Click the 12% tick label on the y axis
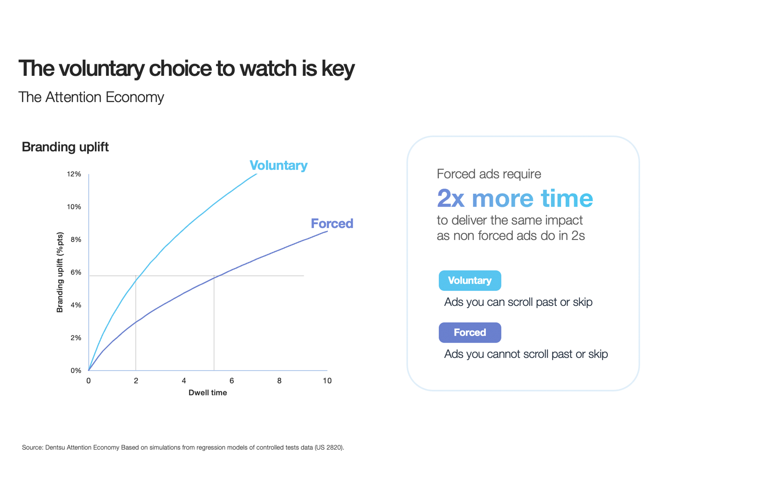pyautogui.click(x=74, y=174)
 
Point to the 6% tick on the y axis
pyautogui.click(x=76, y=272)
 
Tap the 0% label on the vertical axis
pyautogui.click(x=76, y=370)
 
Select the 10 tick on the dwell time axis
pyautogui.click(x=327, y=381)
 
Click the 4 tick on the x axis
pyautogui.click(x=184, y=381)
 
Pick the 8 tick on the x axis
pyautogui.click(x=279, y=381)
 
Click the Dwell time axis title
pyautogui.click(x=208, y=393)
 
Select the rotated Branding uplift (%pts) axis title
pyautogui.click(x=60, y=272)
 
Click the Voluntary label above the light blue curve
pyautogui.click(x=278, y=165)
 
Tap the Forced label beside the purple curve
pyautogui.click(x=332, y=224)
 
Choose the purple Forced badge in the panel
pyautogui.click(x=470, y=332)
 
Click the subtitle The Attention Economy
pyautogui.click(x=91, y=97)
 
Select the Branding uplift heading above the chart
pyautogui.click(x=65, y=147)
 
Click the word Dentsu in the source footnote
pyautogui.click(x=55, y=447)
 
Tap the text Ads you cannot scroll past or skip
pyautogui.click(x=526, y=354)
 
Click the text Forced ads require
pyautogui.click(x=489, y=174)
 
